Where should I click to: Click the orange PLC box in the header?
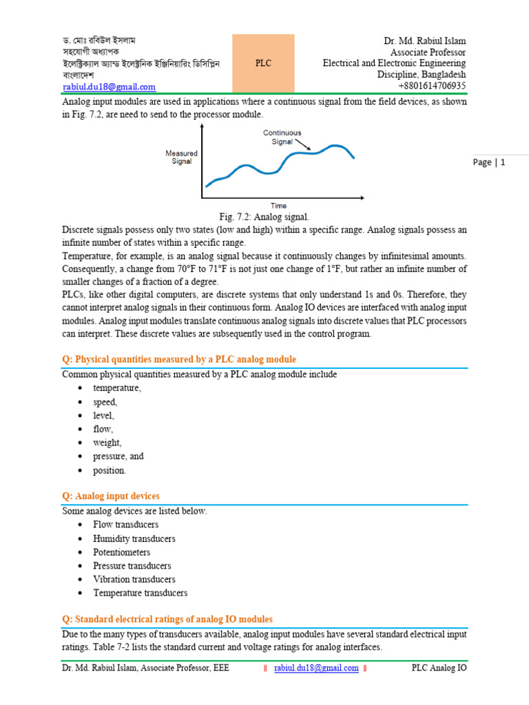(x=263, y=63)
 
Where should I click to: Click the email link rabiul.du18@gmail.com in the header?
(x=109, y=87)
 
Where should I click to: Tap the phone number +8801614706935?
(x=432, y=86)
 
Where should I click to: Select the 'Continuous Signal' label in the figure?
(x=282, y=137)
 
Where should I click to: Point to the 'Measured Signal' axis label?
(x=182, y=157)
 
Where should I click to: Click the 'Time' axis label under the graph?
(x=278, y=205)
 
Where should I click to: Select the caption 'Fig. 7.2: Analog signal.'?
(x=264, y=217)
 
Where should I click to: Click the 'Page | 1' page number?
(x=490, y=162)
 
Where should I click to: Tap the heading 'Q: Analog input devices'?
(x=111, y=496)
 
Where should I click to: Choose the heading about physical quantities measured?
(x=179, y=359)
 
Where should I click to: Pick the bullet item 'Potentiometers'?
(x=122, y=552)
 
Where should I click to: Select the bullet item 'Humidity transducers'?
(x=134, y=538)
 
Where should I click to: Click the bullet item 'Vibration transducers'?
(x=134, y=579)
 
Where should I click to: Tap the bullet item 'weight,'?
(x=107, y=443)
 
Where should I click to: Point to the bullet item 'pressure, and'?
(x=118, y=456)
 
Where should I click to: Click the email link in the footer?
(x=316, y=668)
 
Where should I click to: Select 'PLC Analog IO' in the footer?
(x=439, y=668)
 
